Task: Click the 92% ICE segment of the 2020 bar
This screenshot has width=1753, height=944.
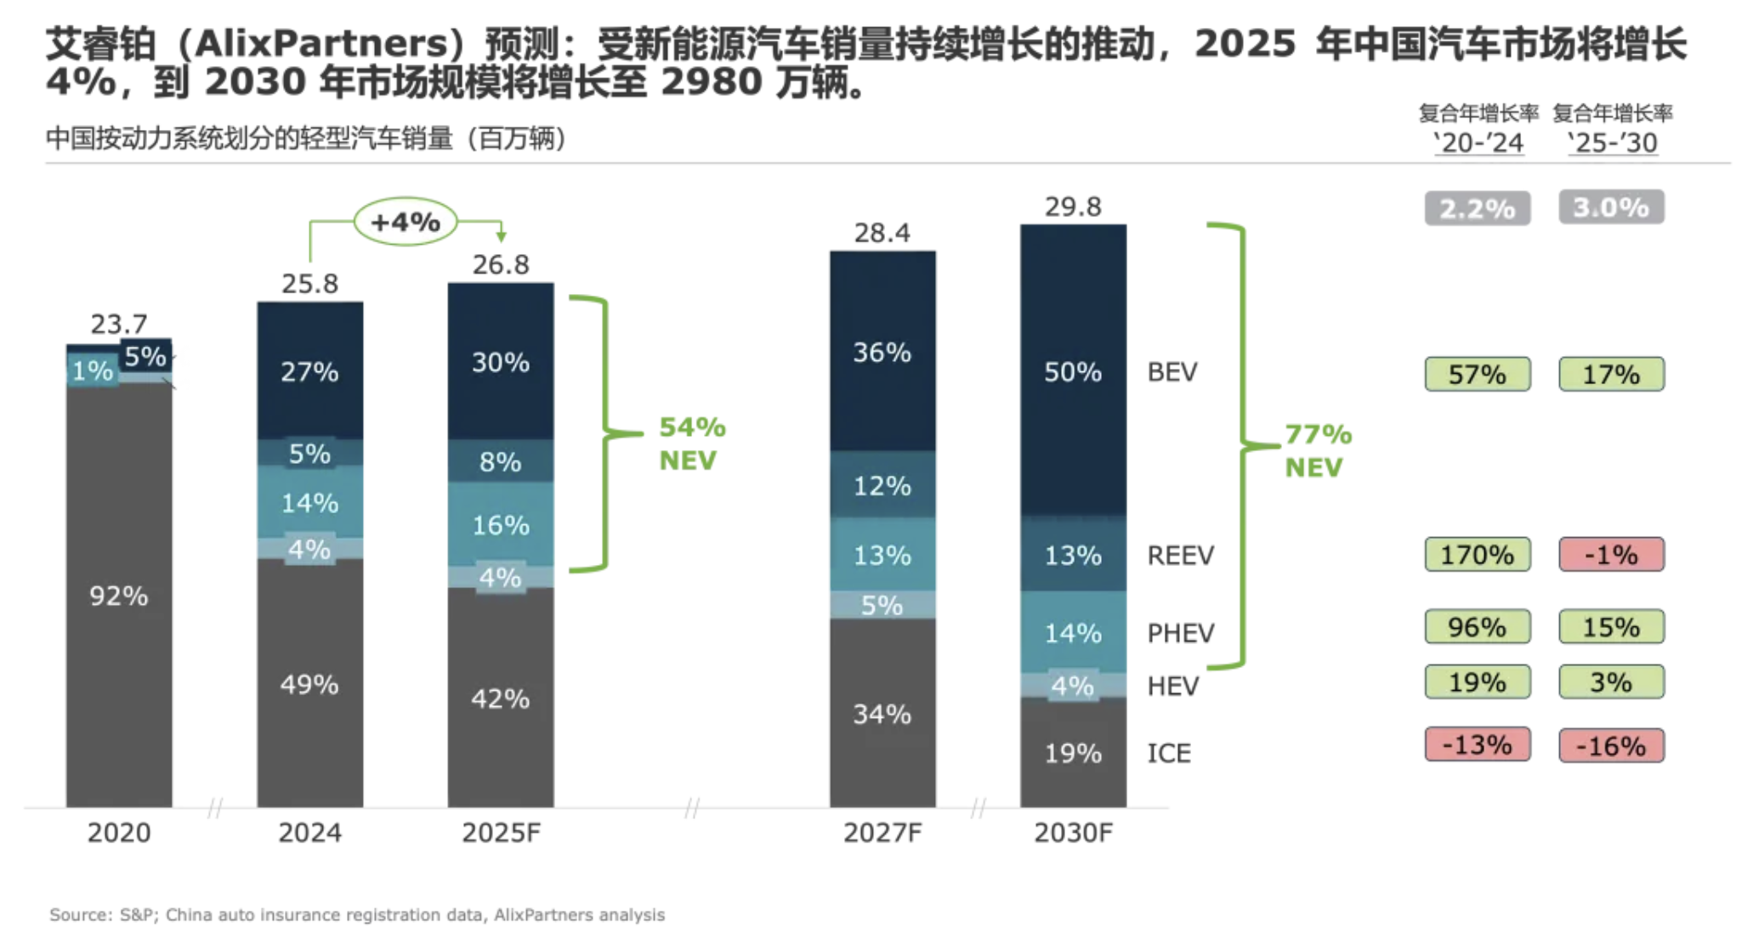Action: (x=119, y=595)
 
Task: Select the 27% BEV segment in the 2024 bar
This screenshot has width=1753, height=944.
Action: (x=309, y=371)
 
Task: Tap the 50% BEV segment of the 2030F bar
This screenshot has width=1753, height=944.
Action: (x=1073, y=371)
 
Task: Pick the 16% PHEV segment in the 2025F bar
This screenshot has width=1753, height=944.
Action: (x=501, y=524)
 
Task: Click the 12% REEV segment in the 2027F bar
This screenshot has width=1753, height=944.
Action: (x=882, y=485)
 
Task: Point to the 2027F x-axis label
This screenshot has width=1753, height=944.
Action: (x=882, y=832)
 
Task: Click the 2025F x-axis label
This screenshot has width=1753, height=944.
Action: (x=501, y=832)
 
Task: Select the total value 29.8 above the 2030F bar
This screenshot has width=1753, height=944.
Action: (x=1073, y=206)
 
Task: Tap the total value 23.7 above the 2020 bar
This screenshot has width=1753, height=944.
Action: (x=119, y=324)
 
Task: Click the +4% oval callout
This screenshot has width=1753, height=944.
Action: (x=406, y=222)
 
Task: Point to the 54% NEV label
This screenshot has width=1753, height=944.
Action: (x=692, y=443)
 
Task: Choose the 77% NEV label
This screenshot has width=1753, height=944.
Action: (x=1317, y=450)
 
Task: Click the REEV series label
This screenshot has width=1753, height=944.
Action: (x=1180, y=555)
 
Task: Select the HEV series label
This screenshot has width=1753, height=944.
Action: (x=1172, y=686)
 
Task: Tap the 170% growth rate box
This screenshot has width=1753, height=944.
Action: (x=1477, y=555)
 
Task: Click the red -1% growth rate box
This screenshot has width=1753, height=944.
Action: (x=1611, y=555)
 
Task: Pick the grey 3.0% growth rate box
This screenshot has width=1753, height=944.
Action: (x=1611, y=207)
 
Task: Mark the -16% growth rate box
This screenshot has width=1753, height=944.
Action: (x=1611, y=746)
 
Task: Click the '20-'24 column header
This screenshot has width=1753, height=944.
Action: (x=1478, y=143)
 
